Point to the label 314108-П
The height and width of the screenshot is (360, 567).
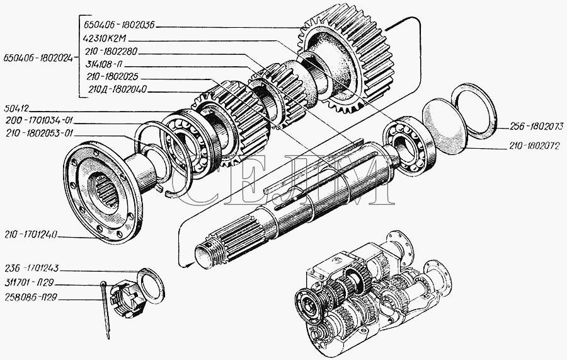[x=105, y=64]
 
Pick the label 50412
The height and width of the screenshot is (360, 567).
[x=18, y=108]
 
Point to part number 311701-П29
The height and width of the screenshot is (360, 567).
[x=29, y=284]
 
